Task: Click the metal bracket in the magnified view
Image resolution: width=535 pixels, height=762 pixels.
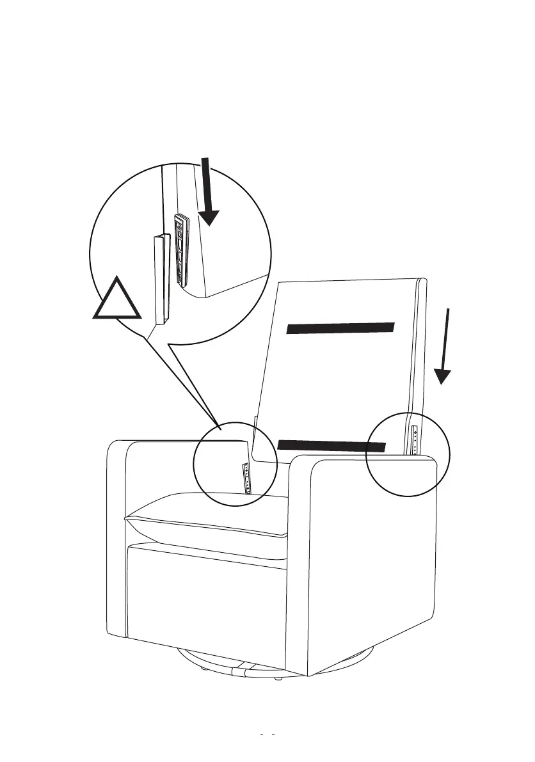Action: pos(181,250)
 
